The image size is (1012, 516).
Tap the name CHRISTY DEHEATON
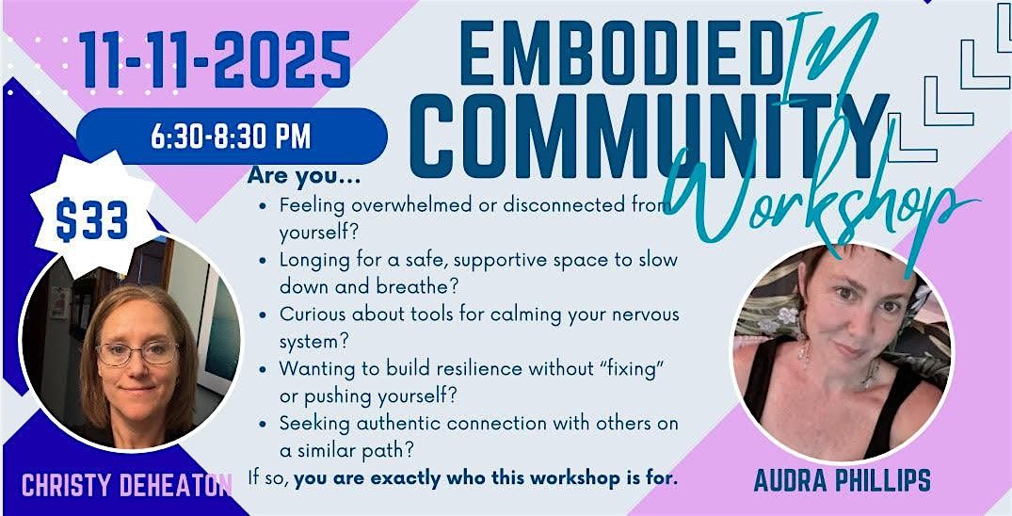coord(127,487)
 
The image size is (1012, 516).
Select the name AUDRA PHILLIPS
coord(843,480)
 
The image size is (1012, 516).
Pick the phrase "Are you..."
coord(304,177)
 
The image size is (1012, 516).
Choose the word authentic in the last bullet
coord(381,423)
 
